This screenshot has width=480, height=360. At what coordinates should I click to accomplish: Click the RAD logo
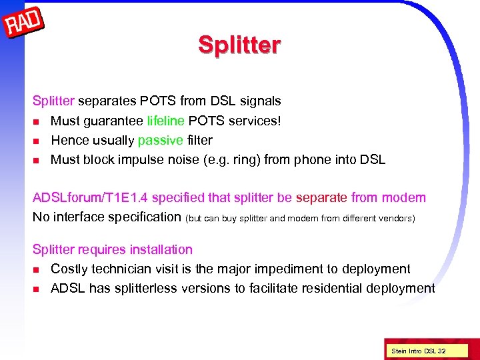[x=24, y=25]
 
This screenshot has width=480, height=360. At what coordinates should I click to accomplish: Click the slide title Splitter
[x=239, y=45]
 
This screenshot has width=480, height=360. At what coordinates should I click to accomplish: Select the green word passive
[x=160, y=140]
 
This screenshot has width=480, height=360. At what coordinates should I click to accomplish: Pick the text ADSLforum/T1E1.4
[x=90, y=197]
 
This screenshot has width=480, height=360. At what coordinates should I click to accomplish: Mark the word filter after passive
[x=200, y=140]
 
